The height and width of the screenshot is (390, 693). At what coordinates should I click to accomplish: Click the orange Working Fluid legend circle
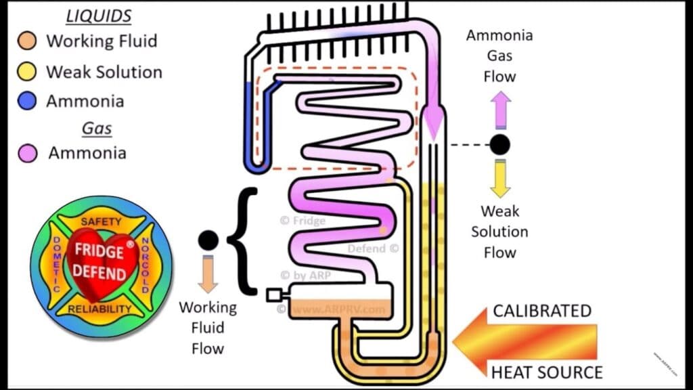(x=26, y=41)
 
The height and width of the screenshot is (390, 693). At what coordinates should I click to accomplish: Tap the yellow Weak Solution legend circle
(x=26, y=72)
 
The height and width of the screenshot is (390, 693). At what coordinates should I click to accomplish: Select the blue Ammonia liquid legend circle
(x=26, y=102)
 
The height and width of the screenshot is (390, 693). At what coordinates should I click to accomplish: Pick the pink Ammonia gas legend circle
(x=27, y=153)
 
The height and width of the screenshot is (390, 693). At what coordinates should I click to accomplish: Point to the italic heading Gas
(x=97, y=128)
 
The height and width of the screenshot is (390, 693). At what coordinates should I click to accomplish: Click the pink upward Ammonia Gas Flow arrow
(x=500, y=110)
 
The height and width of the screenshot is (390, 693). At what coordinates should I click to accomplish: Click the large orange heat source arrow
(x=528, y=341)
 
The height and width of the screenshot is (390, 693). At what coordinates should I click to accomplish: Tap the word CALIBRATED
(x=541, y=311)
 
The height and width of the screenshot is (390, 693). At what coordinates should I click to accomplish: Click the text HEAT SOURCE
(x=546, y=372)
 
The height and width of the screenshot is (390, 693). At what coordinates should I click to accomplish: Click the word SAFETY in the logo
(x=101, y=221)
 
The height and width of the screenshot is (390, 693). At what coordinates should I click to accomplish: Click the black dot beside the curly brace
(x=208, y=240)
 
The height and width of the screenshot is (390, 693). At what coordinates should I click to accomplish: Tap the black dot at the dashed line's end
(x=500, y=144)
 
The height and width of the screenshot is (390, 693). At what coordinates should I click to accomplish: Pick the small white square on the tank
(x=273, y=295)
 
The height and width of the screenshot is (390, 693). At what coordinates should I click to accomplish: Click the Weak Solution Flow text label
(x=499, y=232)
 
